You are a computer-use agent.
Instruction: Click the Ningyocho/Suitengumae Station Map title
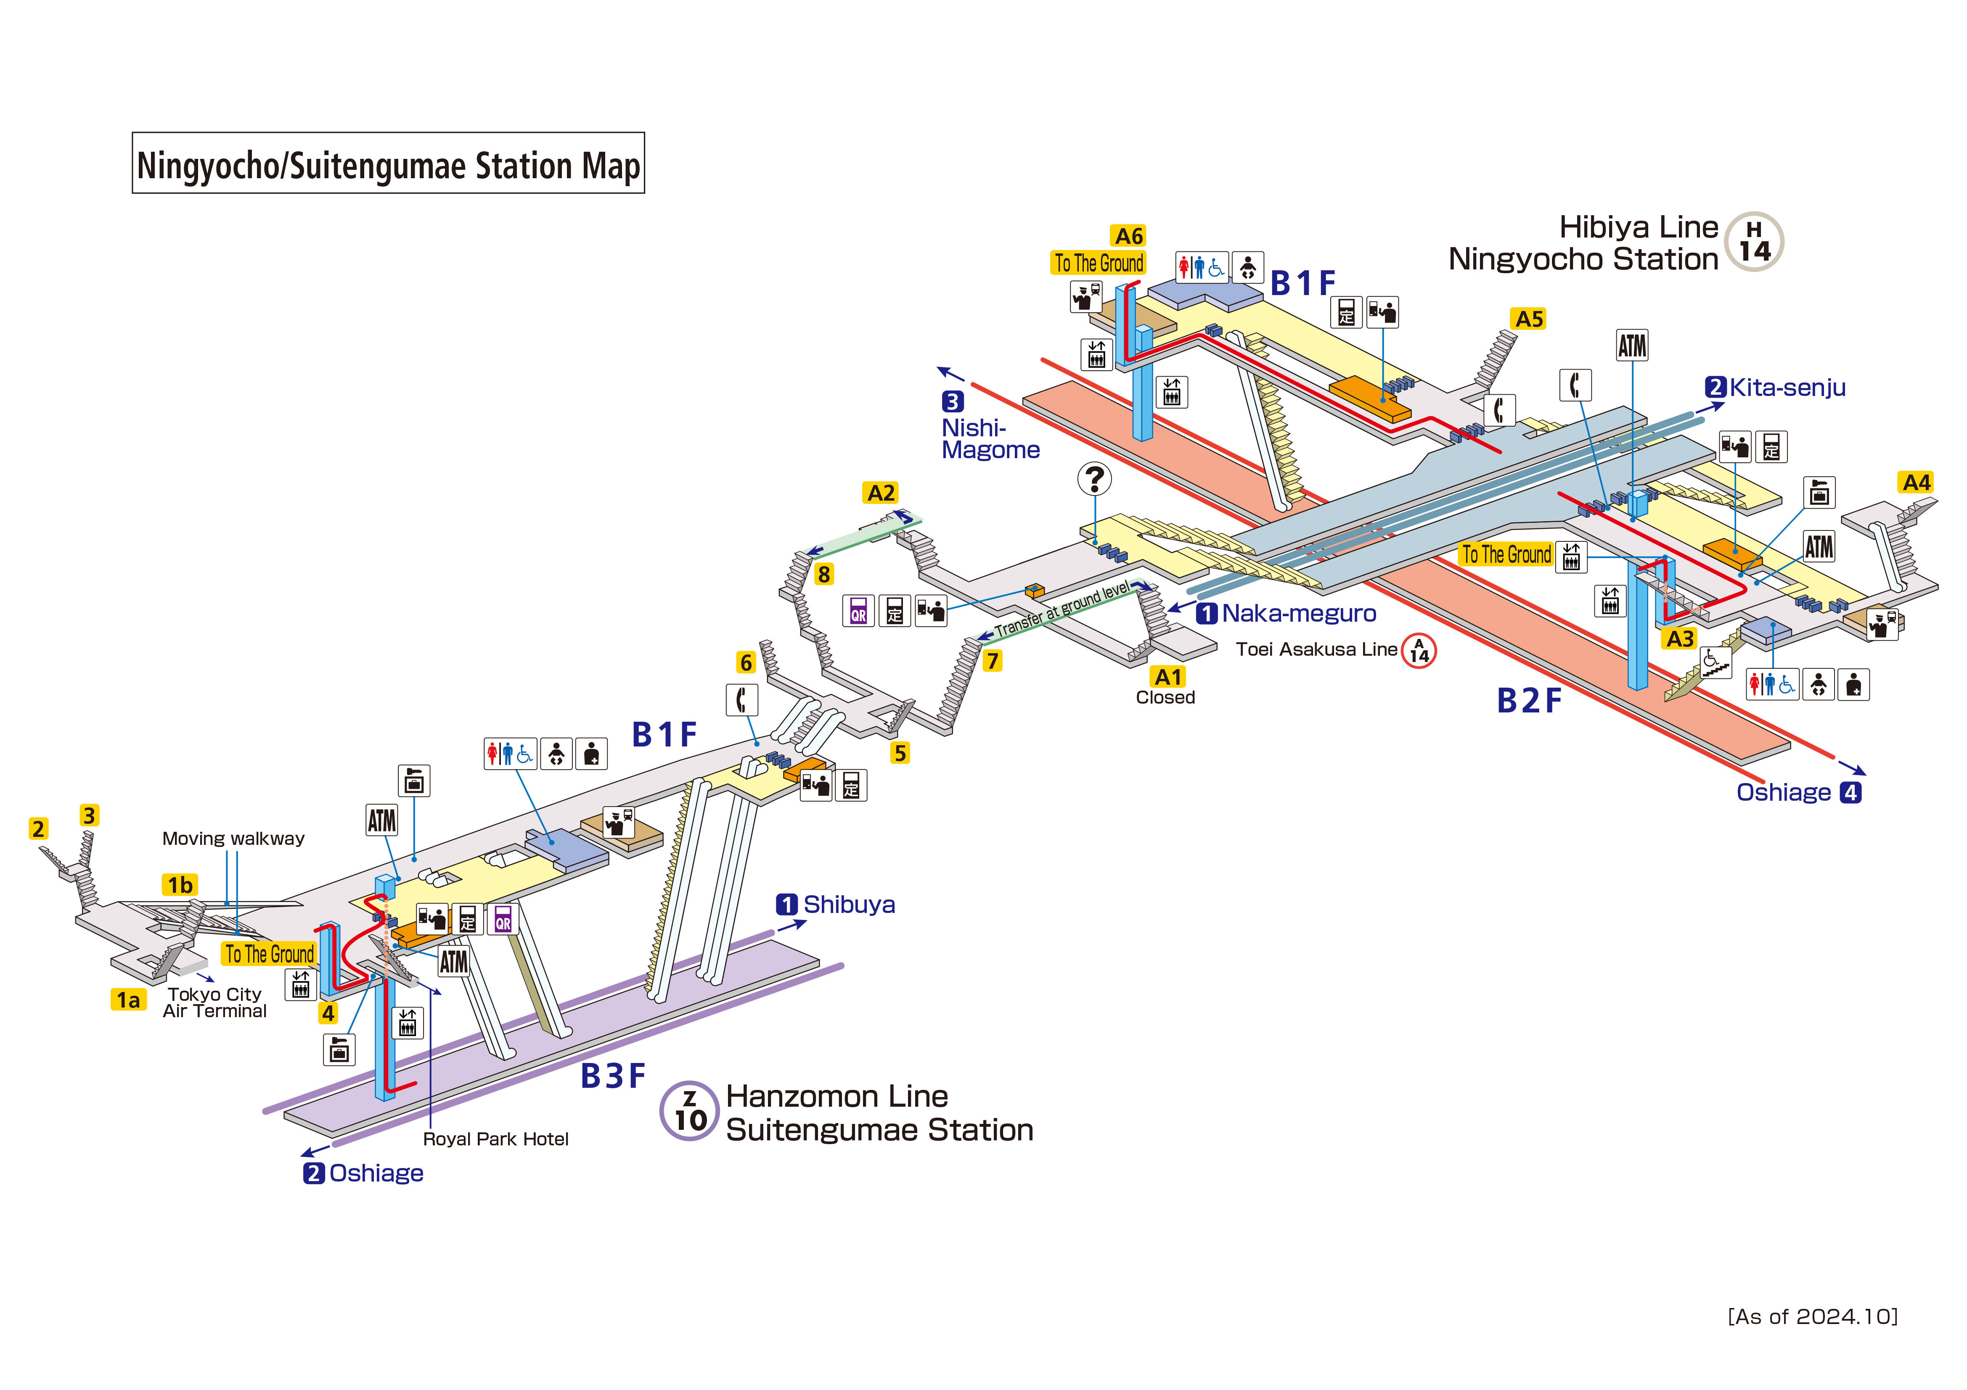(388, 164)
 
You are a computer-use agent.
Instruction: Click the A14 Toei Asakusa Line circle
(1419, 651)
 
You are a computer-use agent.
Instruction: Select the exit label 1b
(180, 885)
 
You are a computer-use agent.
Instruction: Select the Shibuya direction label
(848, 905)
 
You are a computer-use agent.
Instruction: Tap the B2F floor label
(1529, 701)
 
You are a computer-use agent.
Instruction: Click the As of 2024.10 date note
(1812, 1316)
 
